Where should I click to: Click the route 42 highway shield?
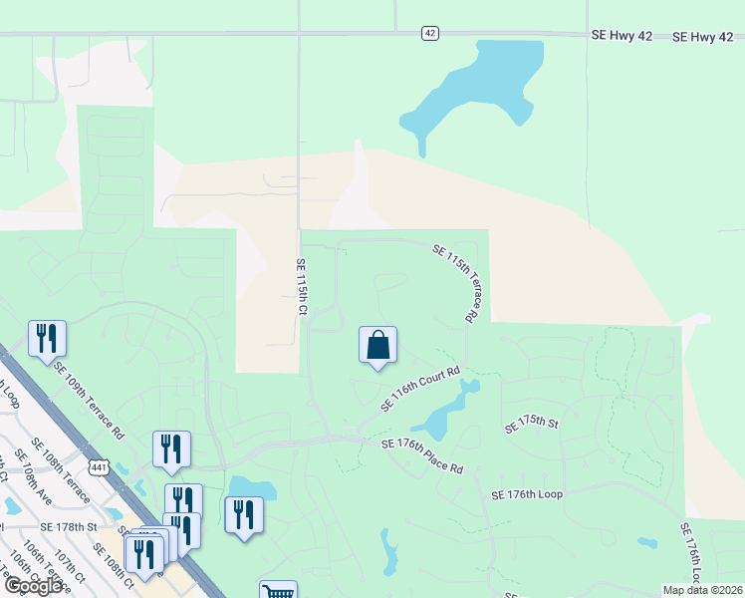point(429,33)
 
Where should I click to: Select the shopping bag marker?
point(378,346)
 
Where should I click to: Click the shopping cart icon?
point(278,591)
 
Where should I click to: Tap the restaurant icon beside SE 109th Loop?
point(47,339)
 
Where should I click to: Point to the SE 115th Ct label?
point(300,288)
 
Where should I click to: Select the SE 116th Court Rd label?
point(419,389)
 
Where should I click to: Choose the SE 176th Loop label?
point(527,494)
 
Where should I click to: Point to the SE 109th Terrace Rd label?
point(90,402)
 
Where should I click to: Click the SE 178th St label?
point(70,526)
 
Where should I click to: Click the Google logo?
point(34,586)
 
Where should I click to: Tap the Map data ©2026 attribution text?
point(701,590)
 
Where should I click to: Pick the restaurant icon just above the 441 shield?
point(171,450)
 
